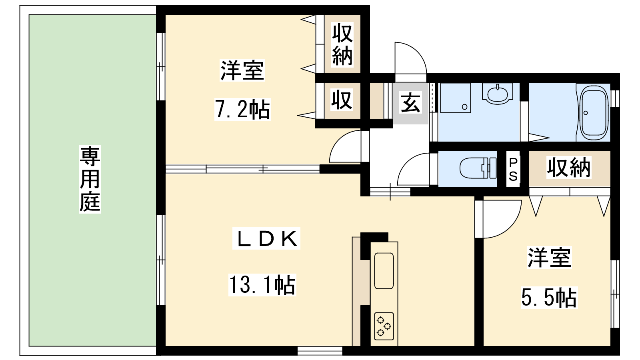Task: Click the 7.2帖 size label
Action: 242,110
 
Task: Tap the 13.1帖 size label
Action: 262,285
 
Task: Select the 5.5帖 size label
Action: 549,298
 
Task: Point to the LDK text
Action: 266,239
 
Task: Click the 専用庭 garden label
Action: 90,180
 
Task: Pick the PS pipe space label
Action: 513,170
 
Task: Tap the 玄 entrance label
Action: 410,103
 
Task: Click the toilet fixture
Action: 478,168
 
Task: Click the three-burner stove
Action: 384,326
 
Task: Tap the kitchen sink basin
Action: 384,270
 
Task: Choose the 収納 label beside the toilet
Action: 569,168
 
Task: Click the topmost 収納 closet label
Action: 342,45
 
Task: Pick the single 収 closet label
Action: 342,100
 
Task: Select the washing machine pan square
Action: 456,98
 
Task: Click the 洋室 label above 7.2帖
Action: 242,70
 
